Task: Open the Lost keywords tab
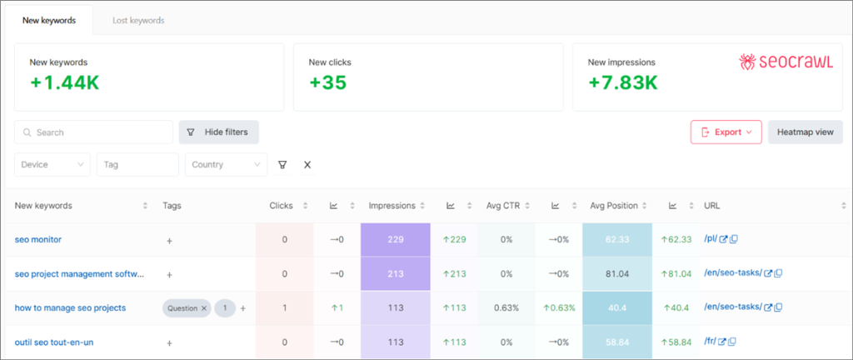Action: (138, 19)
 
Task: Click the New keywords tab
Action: (50, 19)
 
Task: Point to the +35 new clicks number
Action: (327, 82)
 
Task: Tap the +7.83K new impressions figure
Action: (622, 82)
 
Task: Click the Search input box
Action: (94, 132)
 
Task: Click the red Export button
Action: (726, 132)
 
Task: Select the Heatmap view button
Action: (805, 132)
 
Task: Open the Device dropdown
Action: (52, 165)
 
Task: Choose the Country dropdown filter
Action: (226, 165)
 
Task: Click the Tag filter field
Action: (137, 165)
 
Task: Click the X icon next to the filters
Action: (307, 165)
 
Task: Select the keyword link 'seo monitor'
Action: (38, 240)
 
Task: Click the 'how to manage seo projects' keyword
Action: (70, 308)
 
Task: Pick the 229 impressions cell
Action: (395, 240)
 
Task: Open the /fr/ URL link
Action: (710, 342)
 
